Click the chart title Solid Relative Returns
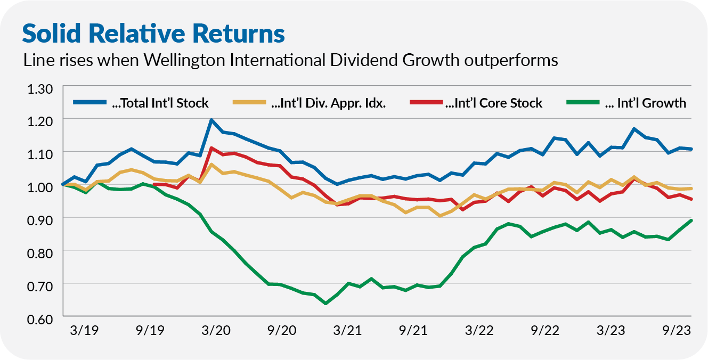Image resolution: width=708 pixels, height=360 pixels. click(x=153, y=33)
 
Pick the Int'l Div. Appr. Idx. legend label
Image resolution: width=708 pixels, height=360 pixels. click(x=328, y=103)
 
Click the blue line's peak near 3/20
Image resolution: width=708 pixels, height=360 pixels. click(x=211, y=120)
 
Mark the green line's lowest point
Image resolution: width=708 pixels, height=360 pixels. click(x=325, y=304)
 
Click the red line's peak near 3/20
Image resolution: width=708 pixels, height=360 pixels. click(x=211, y=148)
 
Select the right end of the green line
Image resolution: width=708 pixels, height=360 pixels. click(x=691, y=220)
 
